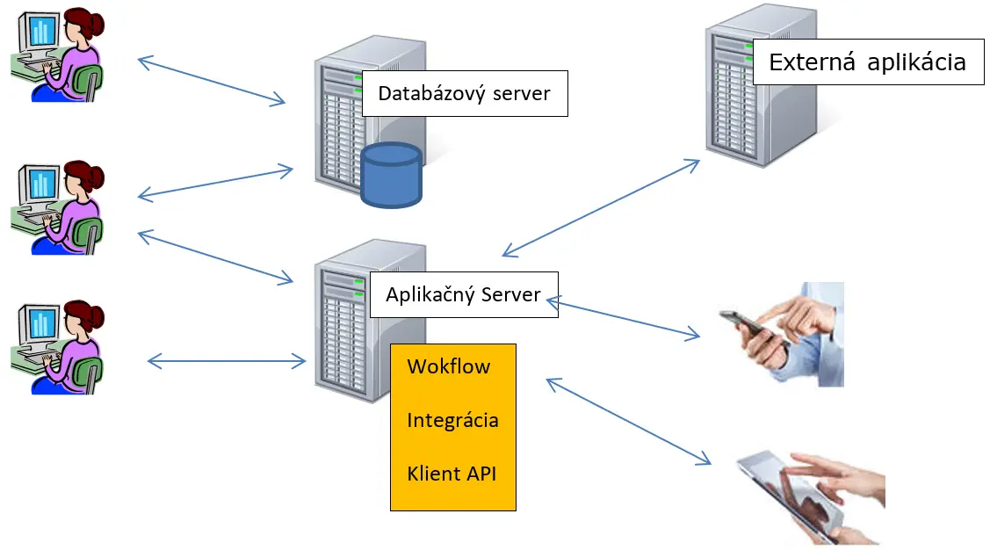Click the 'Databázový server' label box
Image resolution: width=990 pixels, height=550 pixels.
coord(465,93)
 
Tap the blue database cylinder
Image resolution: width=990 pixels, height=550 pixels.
coord(391,176)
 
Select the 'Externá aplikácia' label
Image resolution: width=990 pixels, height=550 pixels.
coord(867,62)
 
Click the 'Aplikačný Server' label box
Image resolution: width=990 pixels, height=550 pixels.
coord(463,294)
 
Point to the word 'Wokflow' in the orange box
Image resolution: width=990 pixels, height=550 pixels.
coord(448,366)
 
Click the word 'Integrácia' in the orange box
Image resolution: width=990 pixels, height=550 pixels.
coord(452,421)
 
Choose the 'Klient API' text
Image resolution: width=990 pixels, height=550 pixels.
coord(452,474)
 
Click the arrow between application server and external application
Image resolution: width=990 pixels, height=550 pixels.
coord(601,208)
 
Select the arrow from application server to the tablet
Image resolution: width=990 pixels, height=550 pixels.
coord(628,422)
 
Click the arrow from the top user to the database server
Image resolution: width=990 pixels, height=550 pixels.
coord(212,82)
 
